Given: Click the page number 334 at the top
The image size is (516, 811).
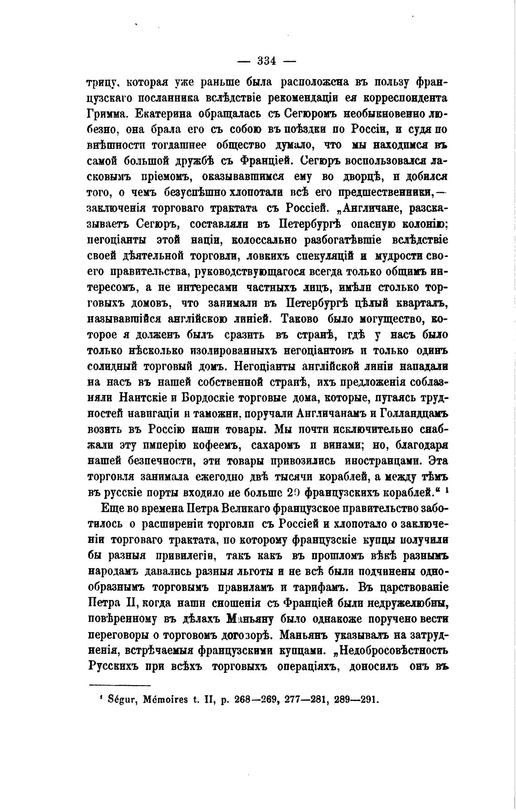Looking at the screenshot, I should tap(263, 60).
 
